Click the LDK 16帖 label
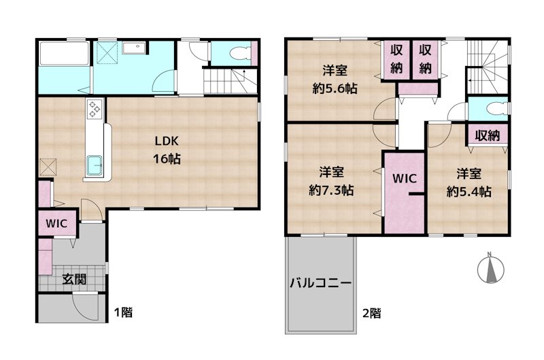point(167,150)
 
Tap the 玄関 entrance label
point(74,279)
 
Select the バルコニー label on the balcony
point(321,283)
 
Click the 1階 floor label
point(124,312)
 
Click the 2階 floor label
point(372,313)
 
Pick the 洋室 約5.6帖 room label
point(335,80)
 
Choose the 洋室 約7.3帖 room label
point(331,181)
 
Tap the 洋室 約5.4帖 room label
point(469,182)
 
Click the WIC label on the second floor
point(405,178)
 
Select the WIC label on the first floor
point(56,223)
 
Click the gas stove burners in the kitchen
point(95,109)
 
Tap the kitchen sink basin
point(95,165)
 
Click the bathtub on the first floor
point(64,53)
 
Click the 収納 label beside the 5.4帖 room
point(488,135)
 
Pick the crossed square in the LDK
point(48,167)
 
